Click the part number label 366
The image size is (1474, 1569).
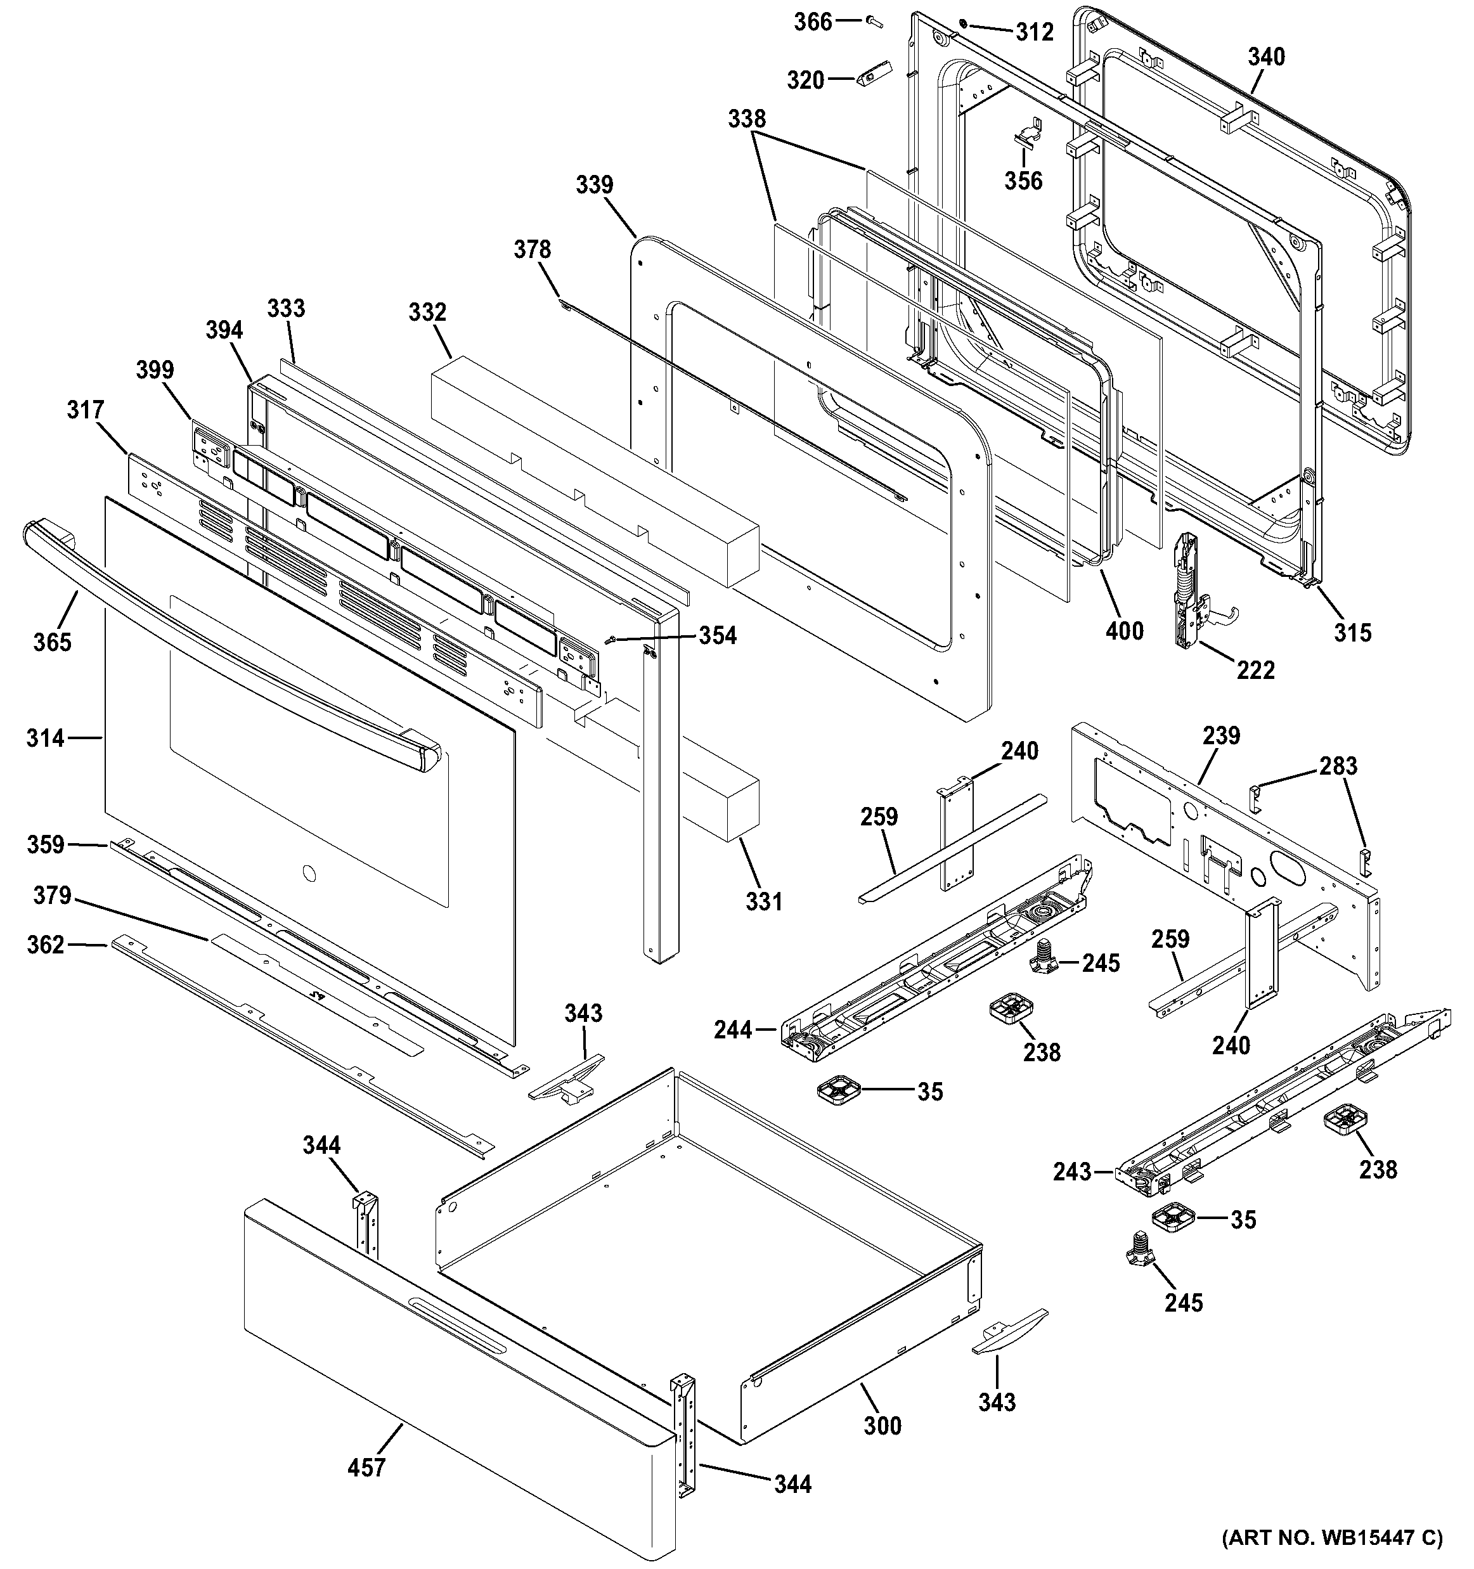[813, 22]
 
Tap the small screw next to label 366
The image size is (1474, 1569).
[872, 22]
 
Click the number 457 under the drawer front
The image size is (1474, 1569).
[367, 1467]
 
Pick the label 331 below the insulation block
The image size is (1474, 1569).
[764, 901]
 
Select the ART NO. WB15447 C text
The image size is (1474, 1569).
[1332, 1537]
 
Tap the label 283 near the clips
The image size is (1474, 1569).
[1339, 766]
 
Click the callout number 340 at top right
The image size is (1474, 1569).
[1265, 57]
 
